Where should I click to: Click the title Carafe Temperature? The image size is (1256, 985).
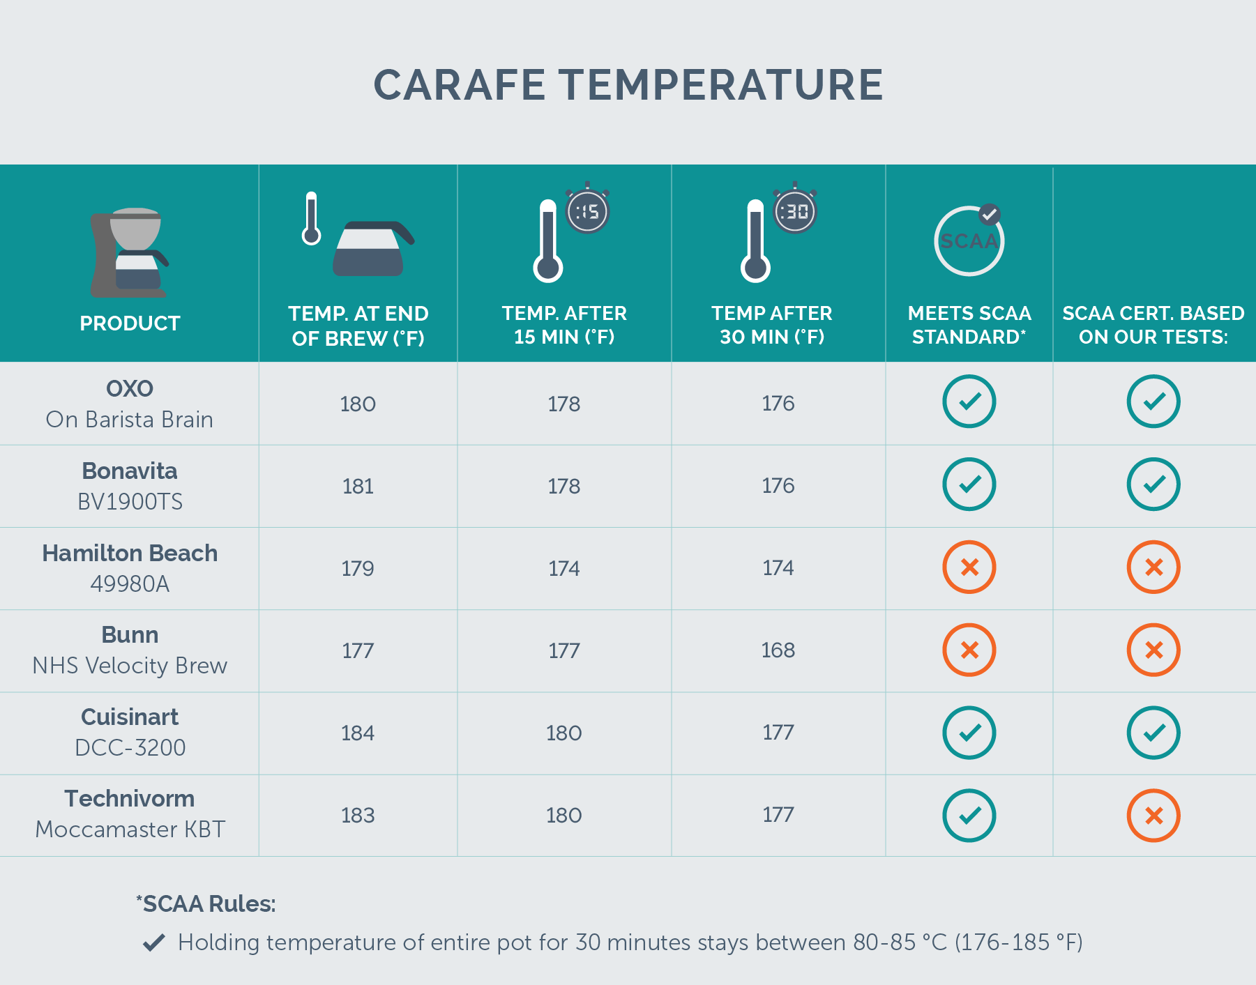pyautogui.click(x=628, y=85)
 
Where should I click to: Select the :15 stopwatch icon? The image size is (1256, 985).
pyautogui.click(x=587, y=211)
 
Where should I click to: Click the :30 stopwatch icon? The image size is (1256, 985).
pyautogui.click(x=794, y=211)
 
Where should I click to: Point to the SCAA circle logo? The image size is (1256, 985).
pyautogui.click(x=969, y=241)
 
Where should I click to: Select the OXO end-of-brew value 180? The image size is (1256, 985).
pyautogui.click(x=358, y=404)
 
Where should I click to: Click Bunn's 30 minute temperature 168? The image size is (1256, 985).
pyautogui.click(x=778, y=650)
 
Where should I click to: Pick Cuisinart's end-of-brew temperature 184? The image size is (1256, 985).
pyautogui.click(x=358, y=733)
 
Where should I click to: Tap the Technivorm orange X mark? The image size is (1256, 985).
pyautogui.click(x=1153, y=816)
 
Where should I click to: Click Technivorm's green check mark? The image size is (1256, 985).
pyautogui.click(x=969, y=816)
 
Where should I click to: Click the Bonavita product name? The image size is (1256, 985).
pyautogui.click(x=130, y=471)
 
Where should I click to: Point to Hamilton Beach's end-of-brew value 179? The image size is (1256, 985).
pyautogui.click(x=358, y=569)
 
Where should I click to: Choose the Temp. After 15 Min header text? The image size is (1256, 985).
pyautogui.click(x=564, y=325)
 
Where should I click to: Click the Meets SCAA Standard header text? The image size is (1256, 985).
pyautogui.click(x=969, y=325)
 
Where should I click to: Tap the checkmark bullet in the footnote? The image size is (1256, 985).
pyautogui.click(x=153, y=942)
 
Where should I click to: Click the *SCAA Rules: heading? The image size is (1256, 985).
pyautogui.click(x=206, y=904)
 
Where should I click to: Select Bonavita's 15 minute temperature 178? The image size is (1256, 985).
pyautogui.click(x=563, y=487)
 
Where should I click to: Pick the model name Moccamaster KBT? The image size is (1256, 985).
pyautogui.click(x=130, y=830)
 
